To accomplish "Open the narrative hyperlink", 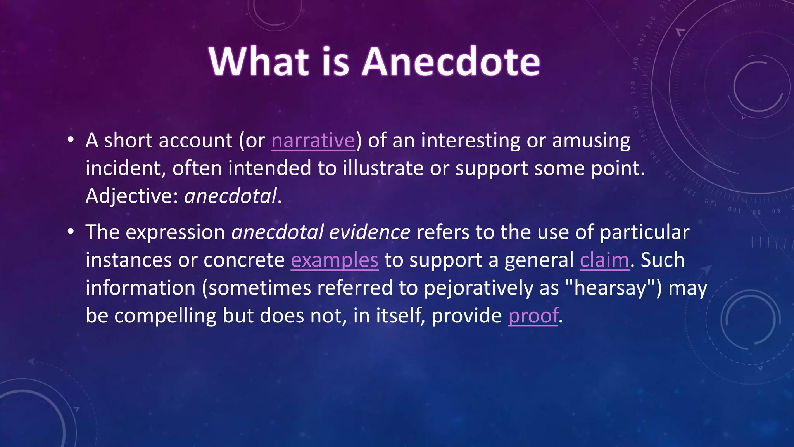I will coord(313,140).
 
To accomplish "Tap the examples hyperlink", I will coord(334,260).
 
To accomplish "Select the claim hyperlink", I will coord(604,260).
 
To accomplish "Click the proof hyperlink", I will coord(533,315).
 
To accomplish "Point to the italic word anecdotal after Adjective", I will coord(231,196).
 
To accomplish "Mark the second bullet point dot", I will coord(70,232).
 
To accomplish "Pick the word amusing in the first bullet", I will coord(591,140).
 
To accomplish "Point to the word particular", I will coord(644,232).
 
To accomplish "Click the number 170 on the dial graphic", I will coord(633,88).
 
